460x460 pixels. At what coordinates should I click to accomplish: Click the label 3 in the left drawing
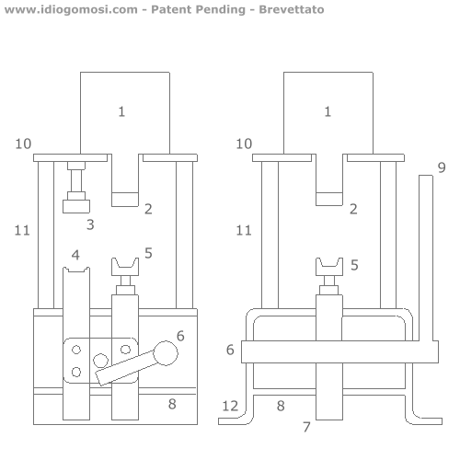[90, 224]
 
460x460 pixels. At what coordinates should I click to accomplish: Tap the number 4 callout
[75, 255]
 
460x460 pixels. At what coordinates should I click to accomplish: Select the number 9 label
[442, 167]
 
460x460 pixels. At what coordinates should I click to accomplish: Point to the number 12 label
[230, 406]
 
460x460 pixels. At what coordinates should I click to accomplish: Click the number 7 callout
[306, 427]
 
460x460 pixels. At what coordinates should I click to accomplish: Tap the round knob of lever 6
[166, 353]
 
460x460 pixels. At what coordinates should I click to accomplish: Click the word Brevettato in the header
[292, 9]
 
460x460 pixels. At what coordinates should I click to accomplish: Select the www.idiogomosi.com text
[71, 9]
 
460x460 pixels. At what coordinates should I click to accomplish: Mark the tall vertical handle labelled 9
[426, 258]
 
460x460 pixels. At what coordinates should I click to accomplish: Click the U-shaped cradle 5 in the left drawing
[125, 267]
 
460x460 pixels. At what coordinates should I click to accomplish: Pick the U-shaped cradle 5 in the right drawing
[329, 267]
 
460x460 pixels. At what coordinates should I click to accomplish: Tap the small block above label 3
[76, 206]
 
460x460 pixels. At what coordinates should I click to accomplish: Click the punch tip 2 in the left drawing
[125, 200]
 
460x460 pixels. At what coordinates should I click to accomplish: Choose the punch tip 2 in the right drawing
[329, 199]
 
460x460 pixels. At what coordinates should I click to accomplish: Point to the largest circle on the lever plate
[100, 361]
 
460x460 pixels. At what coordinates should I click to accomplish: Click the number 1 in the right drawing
[328, 111]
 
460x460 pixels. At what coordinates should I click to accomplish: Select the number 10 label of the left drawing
[23, 144]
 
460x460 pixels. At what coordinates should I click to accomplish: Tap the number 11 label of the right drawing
[244, 230]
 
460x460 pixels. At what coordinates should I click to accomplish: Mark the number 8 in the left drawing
[172, 404]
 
